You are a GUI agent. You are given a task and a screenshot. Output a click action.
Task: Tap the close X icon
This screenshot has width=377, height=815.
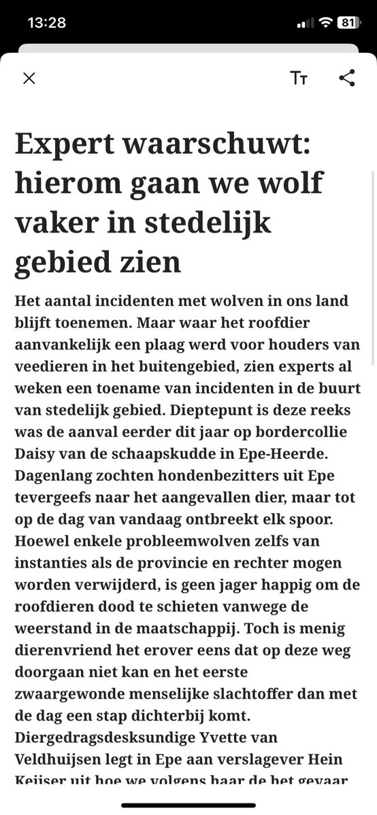(x=29, y=78)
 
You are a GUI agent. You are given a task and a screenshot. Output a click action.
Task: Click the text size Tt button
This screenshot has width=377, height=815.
(x=299, y=78)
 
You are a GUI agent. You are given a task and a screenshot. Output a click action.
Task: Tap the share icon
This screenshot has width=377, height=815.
(x=347, y=78)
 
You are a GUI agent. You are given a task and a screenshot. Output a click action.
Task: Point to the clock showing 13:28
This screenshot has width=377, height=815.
(x=46, y=22)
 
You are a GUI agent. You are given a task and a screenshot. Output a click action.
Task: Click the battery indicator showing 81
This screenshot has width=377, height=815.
(x=347, y=22)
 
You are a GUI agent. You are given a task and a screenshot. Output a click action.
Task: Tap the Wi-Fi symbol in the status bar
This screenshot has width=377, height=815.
(x=325, y=22)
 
